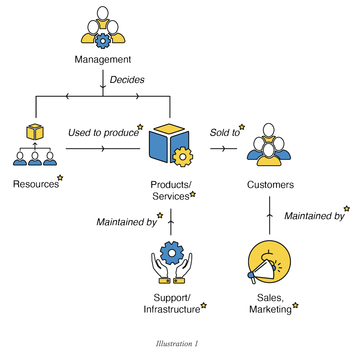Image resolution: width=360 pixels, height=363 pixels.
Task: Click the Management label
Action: (103, 60)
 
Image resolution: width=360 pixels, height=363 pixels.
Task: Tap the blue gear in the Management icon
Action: (103, 41)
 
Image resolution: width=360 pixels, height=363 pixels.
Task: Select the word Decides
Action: (127, 80)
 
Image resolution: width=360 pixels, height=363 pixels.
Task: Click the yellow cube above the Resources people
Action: (35, 132)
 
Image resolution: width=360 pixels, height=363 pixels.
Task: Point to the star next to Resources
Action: (60, 177)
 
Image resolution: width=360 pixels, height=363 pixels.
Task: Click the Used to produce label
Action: (103, 133)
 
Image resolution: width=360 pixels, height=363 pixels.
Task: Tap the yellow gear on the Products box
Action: (183, 157)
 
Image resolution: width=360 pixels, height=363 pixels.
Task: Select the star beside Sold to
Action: (242, 127)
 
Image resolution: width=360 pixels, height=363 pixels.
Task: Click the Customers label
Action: (270, 185)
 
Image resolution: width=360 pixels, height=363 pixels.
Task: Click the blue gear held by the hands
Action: (172, 253)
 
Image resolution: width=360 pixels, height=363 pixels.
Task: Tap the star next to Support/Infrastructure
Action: (204, 305)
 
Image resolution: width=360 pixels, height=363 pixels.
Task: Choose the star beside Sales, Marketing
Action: (295, 305)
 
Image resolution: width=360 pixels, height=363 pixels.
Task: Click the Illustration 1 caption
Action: (177, 344)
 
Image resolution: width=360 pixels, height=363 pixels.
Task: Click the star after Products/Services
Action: (192, 194)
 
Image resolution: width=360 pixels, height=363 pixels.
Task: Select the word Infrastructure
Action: (172, 309)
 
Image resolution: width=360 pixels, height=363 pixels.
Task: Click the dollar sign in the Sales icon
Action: (268, 256)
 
